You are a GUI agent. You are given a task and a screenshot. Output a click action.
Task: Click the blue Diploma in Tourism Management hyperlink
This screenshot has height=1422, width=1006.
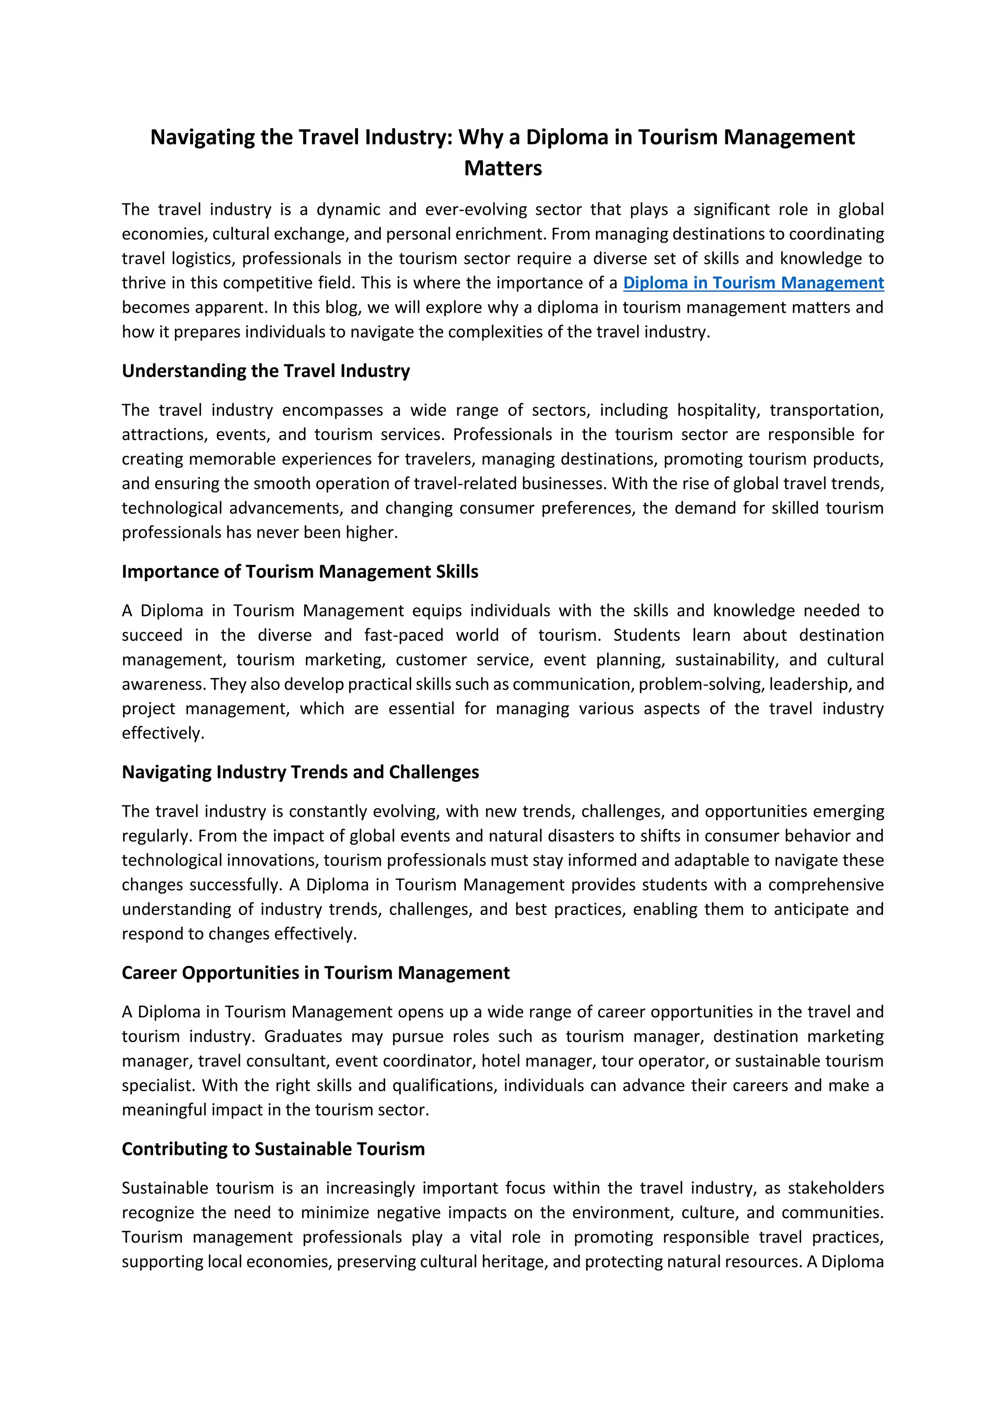pyautogui.click(x=753, y=283)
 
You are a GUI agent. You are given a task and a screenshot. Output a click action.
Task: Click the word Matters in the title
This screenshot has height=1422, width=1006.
pyautogui.click(x=503, y=168)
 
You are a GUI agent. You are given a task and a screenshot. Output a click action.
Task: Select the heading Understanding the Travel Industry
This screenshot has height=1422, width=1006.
pyautogui.click(x=266, y=371)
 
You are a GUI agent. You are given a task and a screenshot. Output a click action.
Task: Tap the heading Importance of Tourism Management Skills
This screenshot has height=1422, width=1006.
pyautogui.click(x=300, y=572)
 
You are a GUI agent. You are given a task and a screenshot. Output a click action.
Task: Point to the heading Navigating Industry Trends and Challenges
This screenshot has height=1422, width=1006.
pyautogui.click(x=301, y=772)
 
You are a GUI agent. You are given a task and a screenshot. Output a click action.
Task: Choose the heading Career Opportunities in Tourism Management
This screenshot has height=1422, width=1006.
pyautogui.click(x=315, y=973)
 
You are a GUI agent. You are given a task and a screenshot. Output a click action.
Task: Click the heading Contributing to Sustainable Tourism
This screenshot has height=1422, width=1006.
pyautogui.click(x=273, y=1149)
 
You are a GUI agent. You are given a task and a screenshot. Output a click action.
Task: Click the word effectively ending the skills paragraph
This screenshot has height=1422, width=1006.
pyautogui.click(x=162, y=733)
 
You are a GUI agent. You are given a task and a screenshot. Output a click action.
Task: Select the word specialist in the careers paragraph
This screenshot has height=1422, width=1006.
pyautogui.click(x=157, y=1086)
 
